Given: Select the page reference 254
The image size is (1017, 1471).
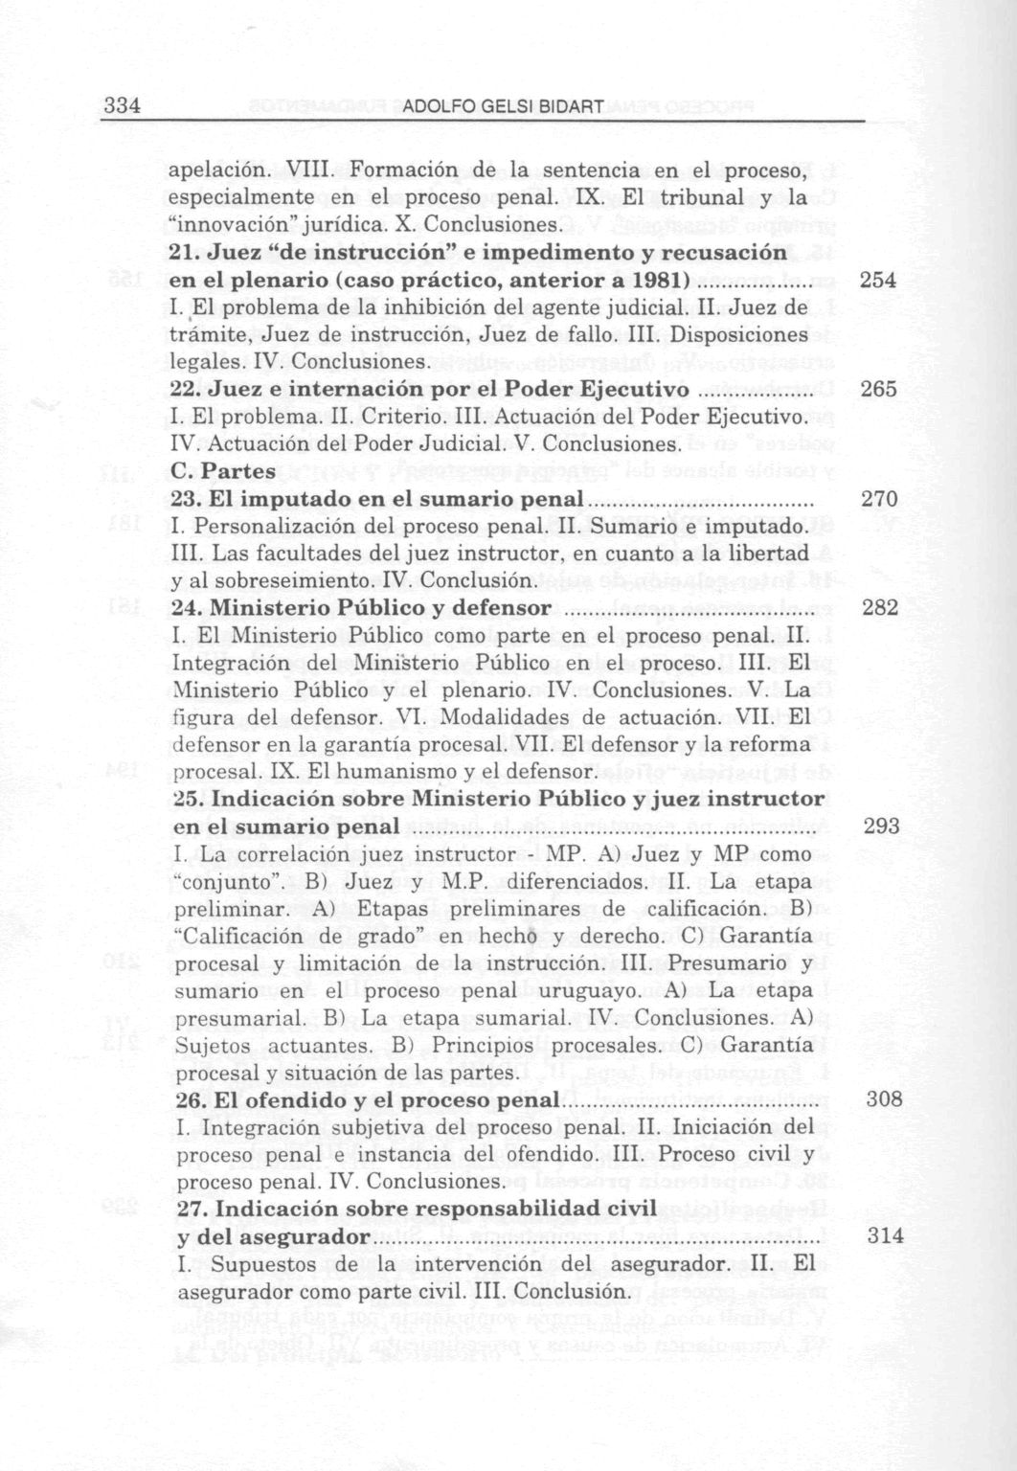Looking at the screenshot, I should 877,281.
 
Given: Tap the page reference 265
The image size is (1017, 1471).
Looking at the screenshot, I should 878,390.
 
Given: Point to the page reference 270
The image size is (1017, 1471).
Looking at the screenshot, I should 879,499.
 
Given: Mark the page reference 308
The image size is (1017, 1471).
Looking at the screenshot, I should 884,1099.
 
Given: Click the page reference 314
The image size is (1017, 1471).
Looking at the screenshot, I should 885,1236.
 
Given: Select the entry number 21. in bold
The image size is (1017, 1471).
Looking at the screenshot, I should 185,254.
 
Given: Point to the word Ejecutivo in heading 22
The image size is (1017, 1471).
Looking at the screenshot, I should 633,390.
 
